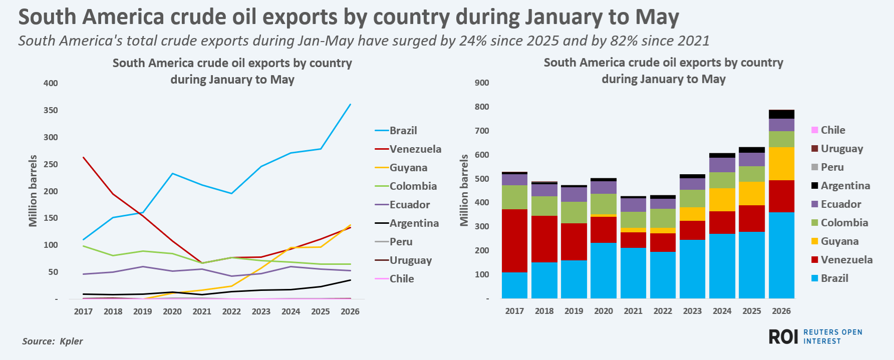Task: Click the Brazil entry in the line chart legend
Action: pyautogui.click(x=396, y=131)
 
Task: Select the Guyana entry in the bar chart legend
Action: pyautogui.click(x=835, y=241)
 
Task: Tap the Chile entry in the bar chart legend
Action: pyautogui.click(x=828, y=130)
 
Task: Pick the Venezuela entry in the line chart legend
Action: pyautogui.click(x=408, y=149)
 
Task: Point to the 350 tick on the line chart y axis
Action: pyautogui.click(x=51, y=110)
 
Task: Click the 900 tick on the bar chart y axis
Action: pyautogui.click(x=482, y=83)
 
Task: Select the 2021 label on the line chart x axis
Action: pyautogui.click(x=202, y=311)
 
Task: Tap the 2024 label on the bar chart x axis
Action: pyautogui.click(x=722, y=311)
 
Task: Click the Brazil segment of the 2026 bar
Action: pyautogui.click(x=781, y=255)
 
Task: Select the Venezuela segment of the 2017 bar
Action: pyautogui.click(x=514, y=241)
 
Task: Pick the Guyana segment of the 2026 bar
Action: pyautogui.click(x=781, y=164)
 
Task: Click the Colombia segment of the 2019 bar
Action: pyautogui.click(x=574, y=213)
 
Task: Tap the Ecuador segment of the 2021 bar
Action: pyautogui.click(x=633, y=205)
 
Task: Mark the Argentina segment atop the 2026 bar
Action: pyautogui.click(x=781, y=114)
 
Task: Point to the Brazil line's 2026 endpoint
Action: pyautogui.click(x=350, y=104)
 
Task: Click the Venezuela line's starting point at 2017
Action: pyautogui.click(x=83, y=157)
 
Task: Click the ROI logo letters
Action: pyautogui.click(x=783, y=337)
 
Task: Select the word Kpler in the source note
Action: pyautogui.click(x=71, y=341)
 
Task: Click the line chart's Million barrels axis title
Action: pyautogui.click(x=33, y=191)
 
